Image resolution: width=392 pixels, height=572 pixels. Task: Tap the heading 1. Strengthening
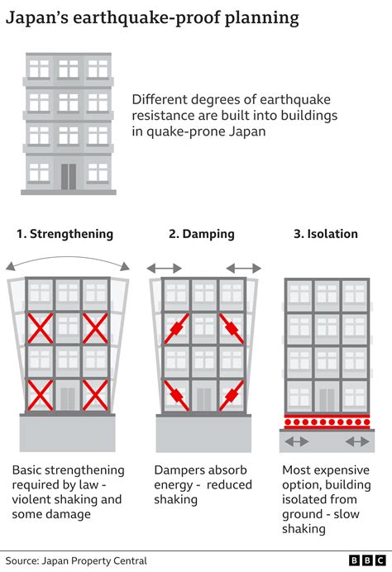pos(66,234)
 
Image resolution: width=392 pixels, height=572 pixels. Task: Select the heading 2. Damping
pos(201,234)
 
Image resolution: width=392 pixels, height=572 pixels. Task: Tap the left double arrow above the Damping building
pos(164,268)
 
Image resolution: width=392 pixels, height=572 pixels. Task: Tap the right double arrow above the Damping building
pos(243,268)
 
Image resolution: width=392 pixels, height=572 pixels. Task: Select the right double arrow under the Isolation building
pos(357,442)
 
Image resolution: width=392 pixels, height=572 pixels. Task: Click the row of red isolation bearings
pos(326,422)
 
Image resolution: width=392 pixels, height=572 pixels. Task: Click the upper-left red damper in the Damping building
pos(177,328)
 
